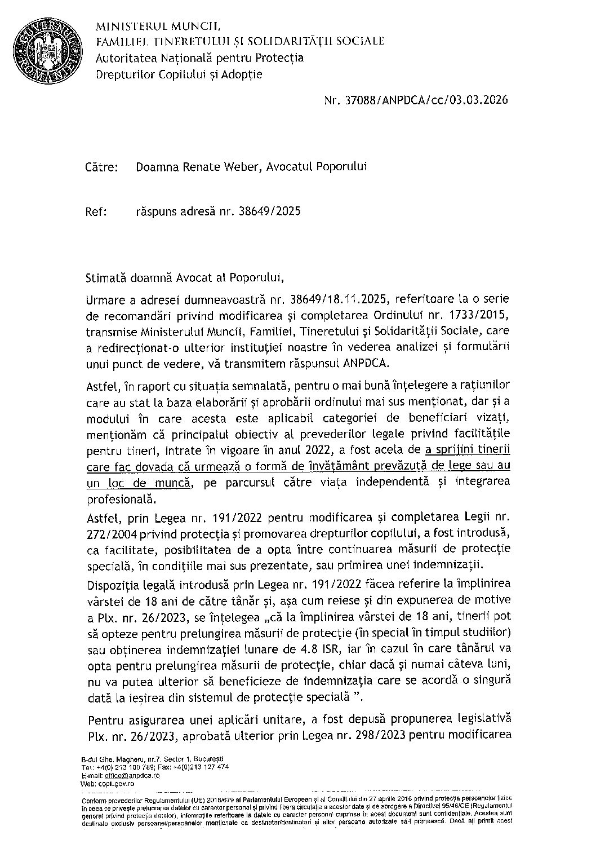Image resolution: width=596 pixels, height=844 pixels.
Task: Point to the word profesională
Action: click(x=118, y=499)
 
